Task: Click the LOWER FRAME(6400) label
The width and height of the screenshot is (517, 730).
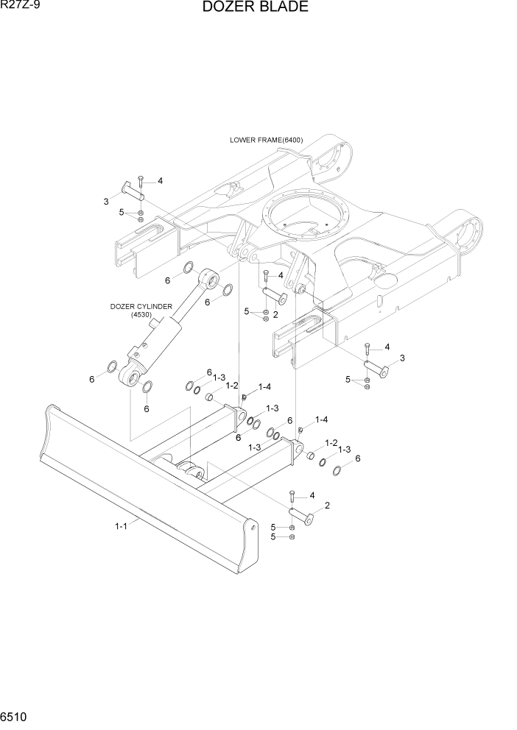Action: click(266, 140)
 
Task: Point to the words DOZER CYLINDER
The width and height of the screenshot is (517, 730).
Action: click(141, 306)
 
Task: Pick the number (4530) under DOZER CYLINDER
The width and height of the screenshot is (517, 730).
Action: click(141, 315)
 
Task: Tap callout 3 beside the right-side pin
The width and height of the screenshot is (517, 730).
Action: click(401, 358)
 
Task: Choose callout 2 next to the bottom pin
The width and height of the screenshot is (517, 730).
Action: click(326, 505)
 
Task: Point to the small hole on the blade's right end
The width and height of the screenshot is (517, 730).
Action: click(253, 527)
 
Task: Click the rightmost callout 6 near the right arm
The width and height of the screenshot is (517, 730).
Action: click(358, 458)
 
